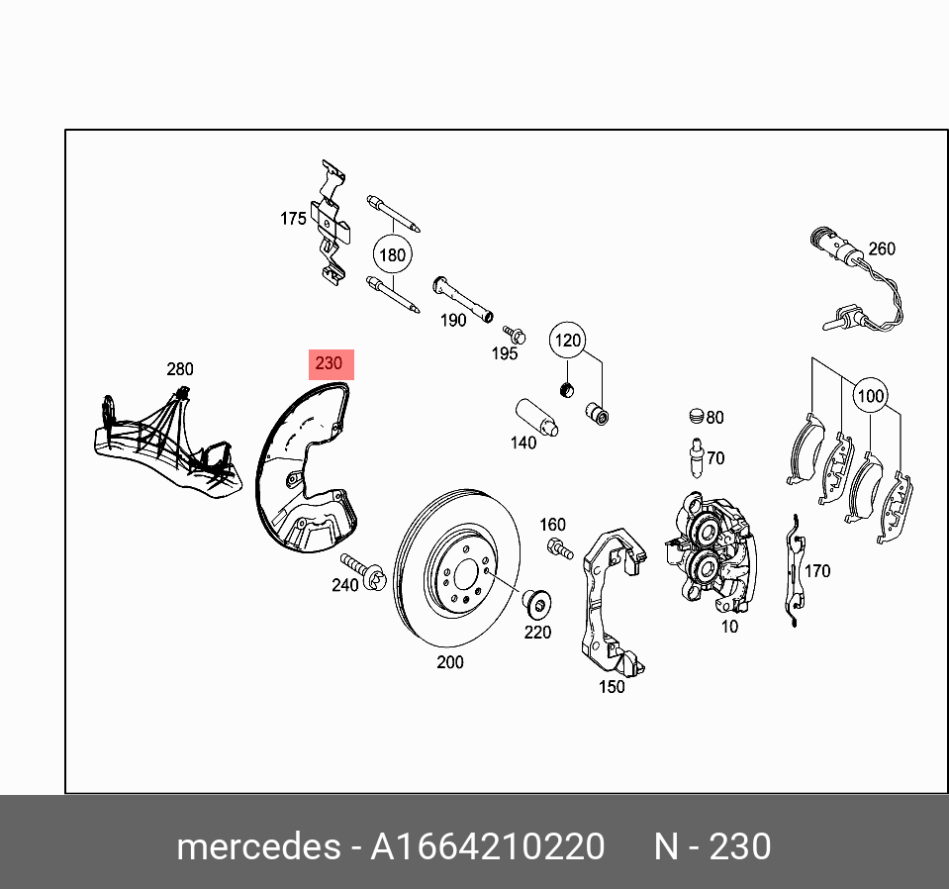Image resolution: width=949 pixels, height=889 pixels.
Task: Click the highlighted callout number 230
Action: [329, 364]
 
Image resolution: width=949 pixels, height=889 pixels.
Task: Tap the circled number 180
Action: [393, 255]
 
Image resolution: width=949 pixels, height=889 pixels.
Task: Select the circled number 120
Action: [567, 341]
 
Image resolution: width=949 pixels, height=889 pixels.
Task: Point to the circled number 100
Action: [870, 396]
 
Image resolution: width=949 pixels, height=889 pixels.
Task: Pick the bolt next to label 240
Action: [362, 573]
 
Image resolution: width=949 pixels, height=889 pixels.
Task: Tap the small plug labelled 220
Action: [535, 601]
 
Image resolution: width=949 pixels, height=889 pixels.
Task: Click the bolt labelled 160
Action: [560, 547]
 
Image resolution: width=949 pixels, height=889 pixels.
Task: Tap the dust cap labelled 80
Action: [696, 417]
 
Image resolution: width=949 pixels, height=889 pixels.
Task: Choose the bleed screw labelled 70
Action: [696, 456]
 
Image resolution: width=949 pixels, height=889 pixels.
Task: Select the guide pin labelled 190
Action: [463, 301]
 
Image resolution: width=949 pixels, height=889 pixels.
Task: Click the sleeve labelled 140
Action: [535, 417]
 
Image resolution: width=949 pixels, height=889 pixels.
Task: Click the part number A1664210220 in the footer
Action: [487, 847]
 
